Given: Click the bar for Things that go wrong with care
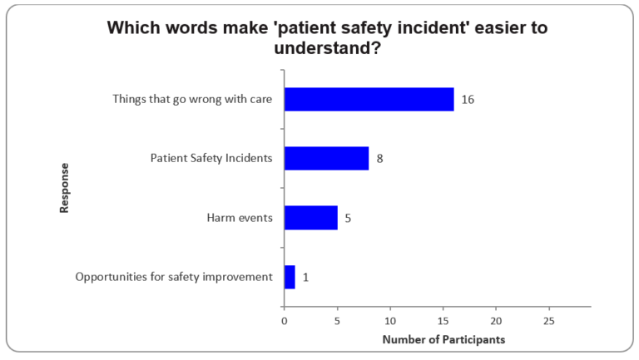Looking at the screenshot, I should click(x=369, y=99).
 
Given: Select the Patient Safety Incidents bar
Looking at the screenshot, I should click(x=326, y=158).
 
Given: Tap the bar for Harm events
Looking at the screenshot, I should click(x=310, y=218).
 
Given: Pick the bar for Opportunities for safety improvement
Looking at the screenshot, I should click(x=290, y=277).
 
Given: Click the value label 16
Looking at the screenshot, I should click(x=468, y=99).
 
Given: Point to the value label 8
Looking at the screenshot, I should click(x=379, y=158).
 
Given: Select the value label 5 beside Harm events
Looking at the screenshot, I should click(x=348, y=218).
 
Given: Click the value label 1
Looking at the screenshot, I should click(x=305, y=277).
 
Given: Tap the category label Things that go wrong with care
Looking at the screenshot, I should click(x=193, y=99).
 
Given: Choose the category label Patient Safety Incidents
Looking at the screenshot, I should click(x=211, y=158).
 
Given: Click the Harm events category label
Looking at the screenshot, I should click(x=240, y=218).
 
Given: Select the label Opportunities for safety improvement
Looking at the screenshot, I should click(x=174, y=277).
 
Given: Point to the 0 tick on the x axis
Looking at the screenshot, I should click(x=285, y=320).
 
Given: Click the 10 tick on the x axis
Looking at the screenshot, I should click(x=390, y=320).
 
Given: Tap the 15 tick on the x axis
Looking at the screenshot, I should click(x=443, y=320).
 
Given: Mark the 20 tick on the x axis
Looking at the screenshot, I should click(x=496, y=320).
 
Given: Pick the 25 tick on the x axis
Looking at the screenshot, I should click(x=549, y=320).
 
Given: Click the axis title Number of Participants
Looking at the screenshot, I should click(x=443, y=339).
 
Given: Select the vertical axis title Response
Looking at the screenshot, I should click(x=65, y=188).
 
